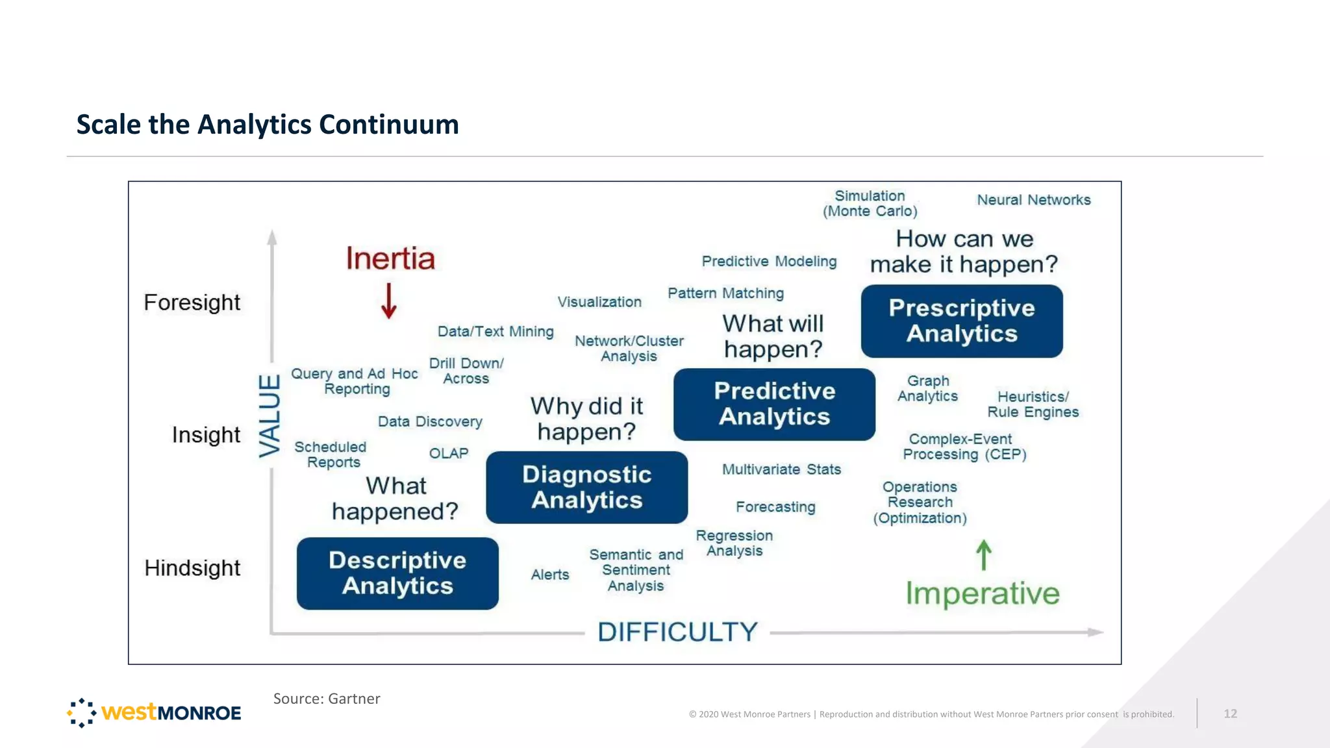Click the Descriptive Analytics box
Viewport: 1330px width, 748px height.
(397, 573)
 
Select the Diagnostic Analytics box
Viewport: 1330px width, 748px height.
(586, 488)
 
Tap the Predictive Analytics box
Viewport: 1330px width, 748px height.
(774, 405)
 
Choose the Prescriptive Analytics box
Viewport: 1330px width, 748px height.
(962, 321)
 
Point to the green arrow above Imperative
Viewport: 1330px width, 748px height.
(984, 555)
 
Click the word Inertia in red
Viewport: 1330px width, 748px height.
(390, 258)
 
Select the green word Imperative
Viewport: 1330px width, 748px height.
(983, 593)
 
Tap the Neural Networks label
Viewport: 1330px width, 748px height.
(1034, 200)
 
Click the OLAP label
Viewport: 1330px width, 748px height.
(449, 453)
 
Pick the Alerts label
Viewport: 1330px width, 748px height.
(550, 575)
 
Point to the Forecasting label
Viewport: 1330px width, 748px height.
(775, 507)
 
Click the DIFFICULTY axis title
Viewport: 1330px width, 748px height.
(677, 632)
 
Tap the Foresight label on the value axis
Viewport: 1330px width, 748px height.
(192, 303)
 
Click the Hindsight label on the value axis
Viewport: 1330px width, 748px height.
(192, 568)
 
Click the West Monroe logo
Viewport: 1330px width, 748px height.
(154, 713)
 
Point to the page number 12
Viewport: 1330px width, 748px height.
(1230, 714)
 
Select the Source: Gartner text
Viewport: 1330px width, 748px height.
(327, 699)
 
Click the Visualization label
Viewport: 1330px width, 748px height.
(599, 302)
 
